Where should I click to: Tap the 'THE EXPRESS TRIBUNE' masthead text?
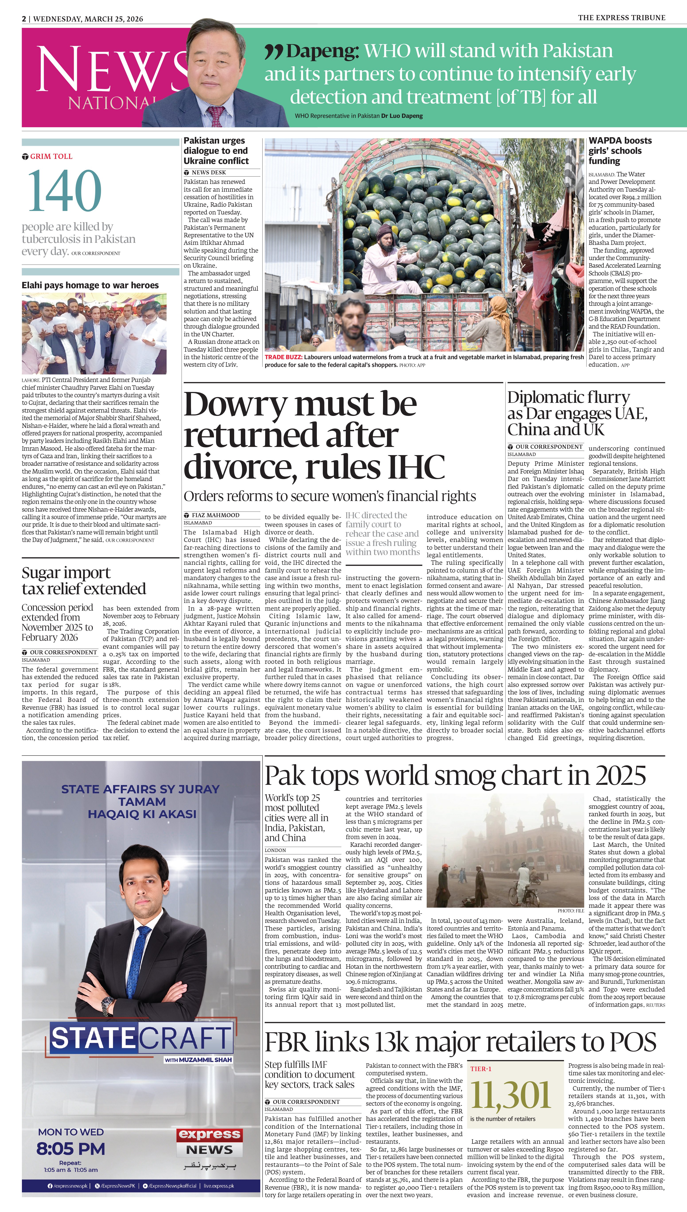pyautogui.click(x=621, y=18)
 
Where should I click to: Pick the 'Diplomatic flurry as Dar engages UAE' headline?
pyautogui.click(x=577, y=413)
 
